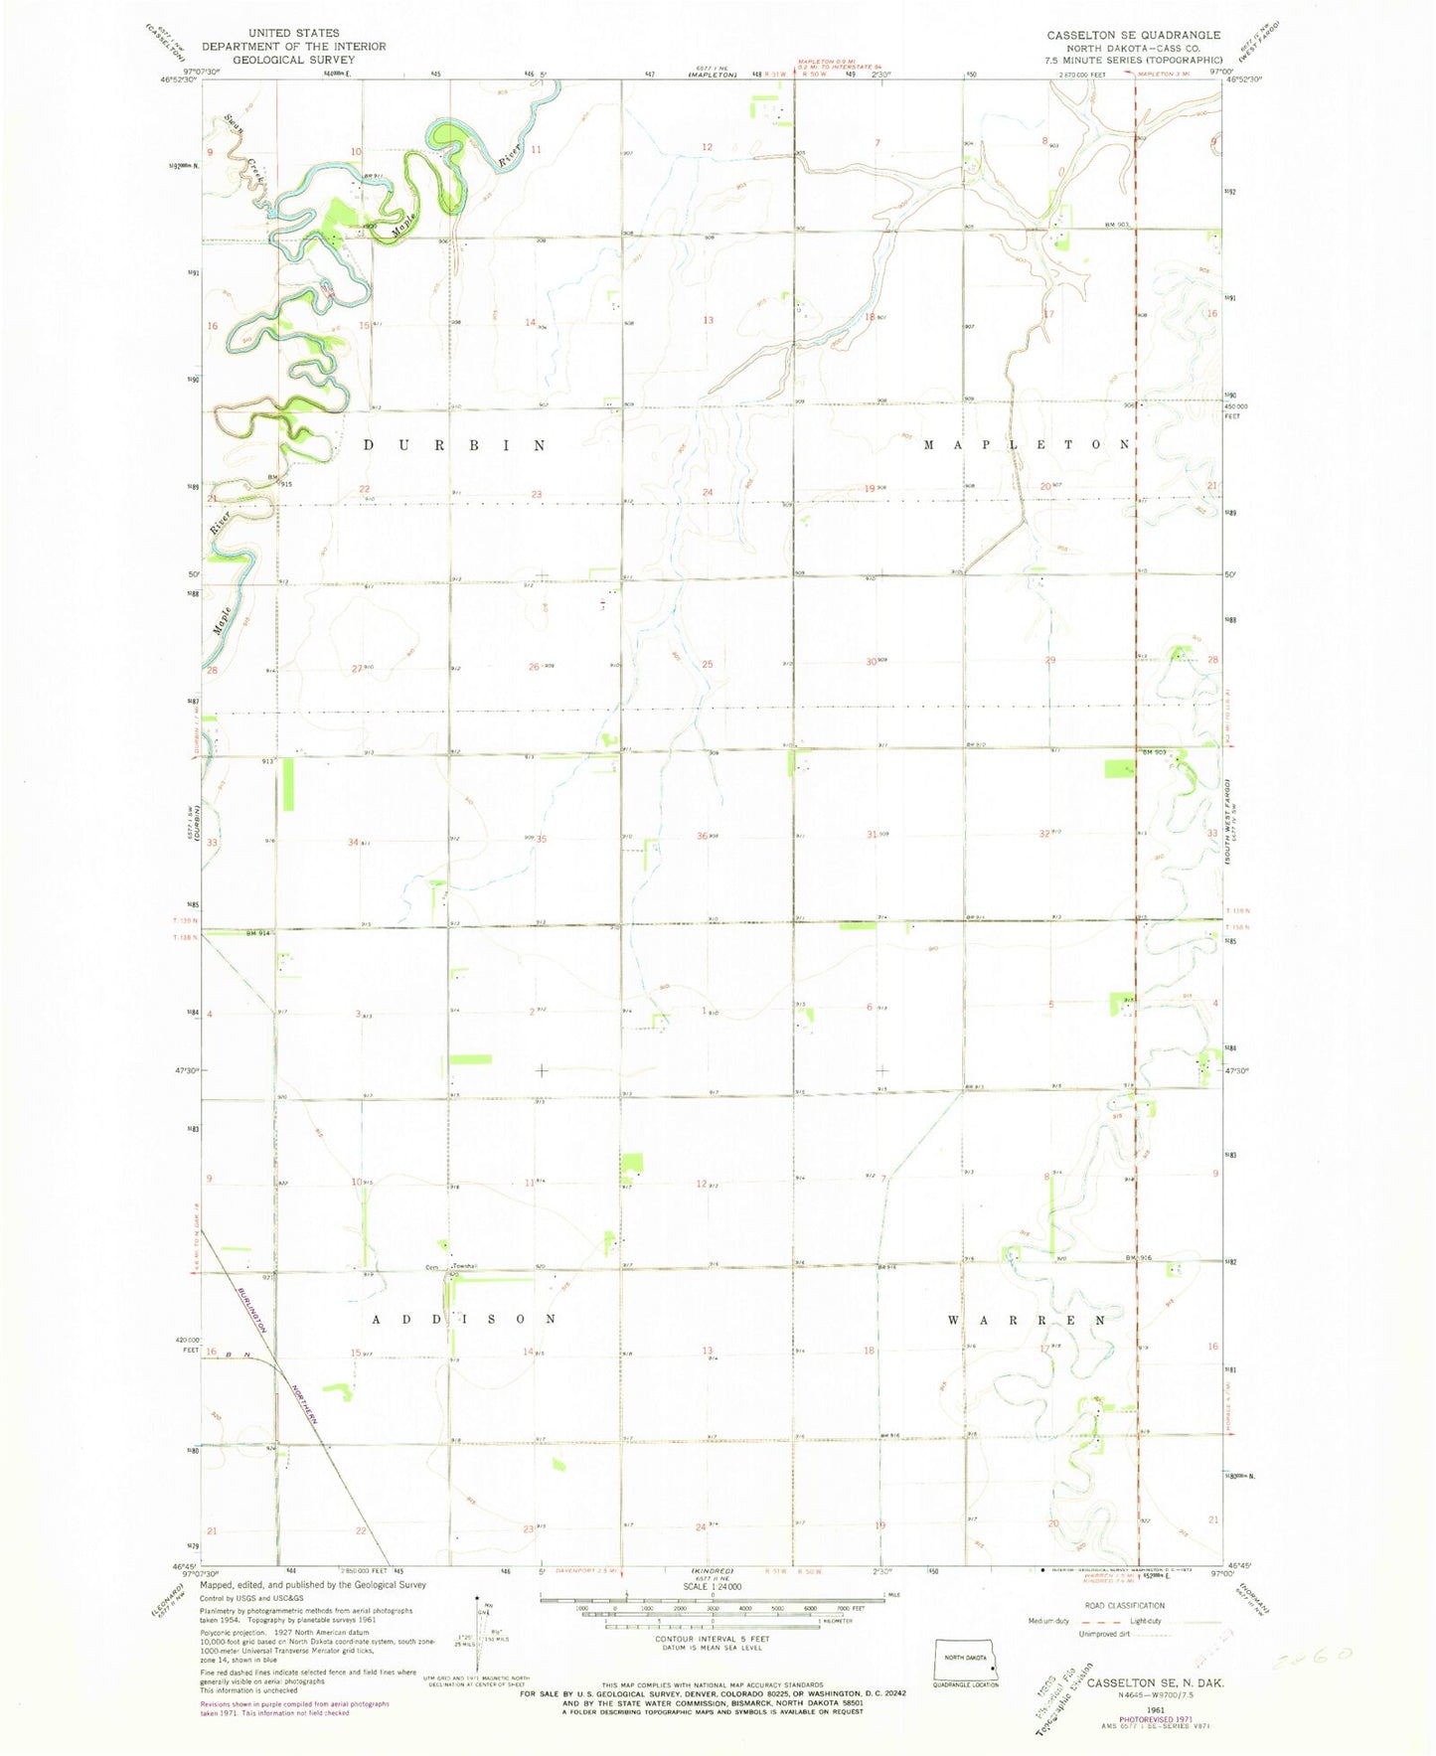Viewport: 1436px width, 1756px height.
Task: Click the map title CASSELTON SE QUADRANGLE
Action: [1133, 35]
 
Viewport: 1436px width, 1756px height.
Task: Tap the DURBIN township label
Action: [453, 445]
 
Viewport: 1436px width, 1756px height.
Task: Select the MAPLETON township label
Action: [1028, 445]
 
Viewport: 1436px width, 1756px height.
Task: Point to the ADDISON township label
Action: [463, 1319]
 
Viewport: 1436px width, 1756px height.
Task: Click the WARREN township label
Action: [1027, 1320]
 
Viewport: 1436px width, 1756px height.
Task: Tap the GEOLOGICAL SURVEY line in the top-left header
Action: [293, 60]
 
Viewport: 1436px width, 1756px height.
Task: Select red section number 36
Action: [702, 836]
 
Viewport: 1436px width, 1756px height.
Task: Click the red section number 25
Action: [708, 664]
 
